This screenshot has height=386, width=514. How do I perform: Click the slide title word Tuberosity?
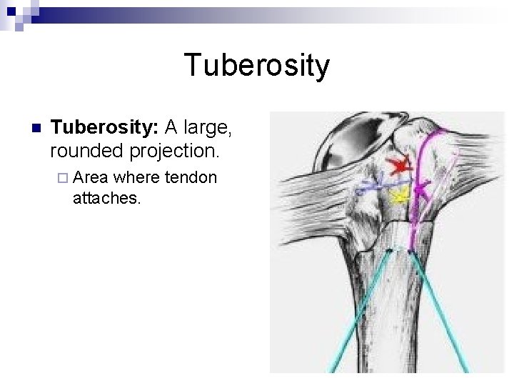click(257, 66)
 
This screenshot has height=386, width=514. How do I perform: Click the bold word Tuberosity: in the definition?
click(105, 129)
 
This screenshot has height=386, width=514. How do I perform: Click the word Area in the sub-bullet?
click(90, 177)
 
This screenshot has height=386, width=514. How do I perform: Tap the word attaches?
click(107, 198)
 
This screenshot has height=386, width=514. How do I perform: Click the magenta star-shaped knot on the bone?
click(422, 189)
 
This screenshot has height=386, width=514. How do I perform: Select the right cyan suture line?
click(438, 307)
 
